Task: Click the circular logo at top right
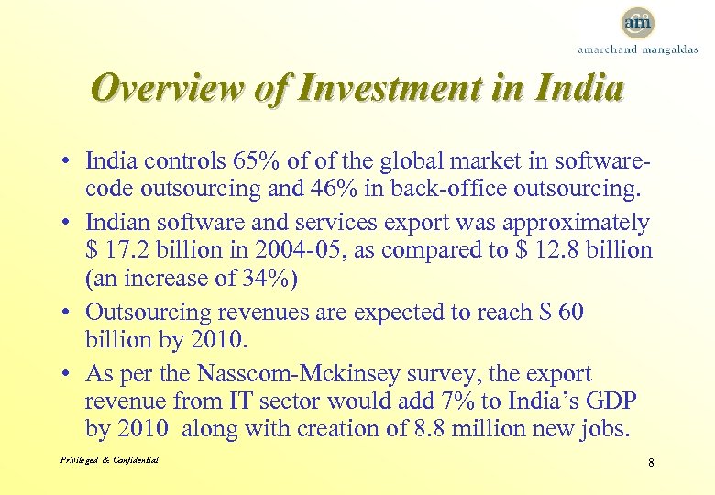coord(637,22)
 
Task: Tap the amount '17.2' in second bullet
coord(126,250)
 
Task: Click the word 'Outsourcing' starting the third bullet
coord(145,313)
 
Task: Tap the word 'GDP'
coord(616,401)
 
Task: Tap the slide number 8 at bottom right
coord(650,463)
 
